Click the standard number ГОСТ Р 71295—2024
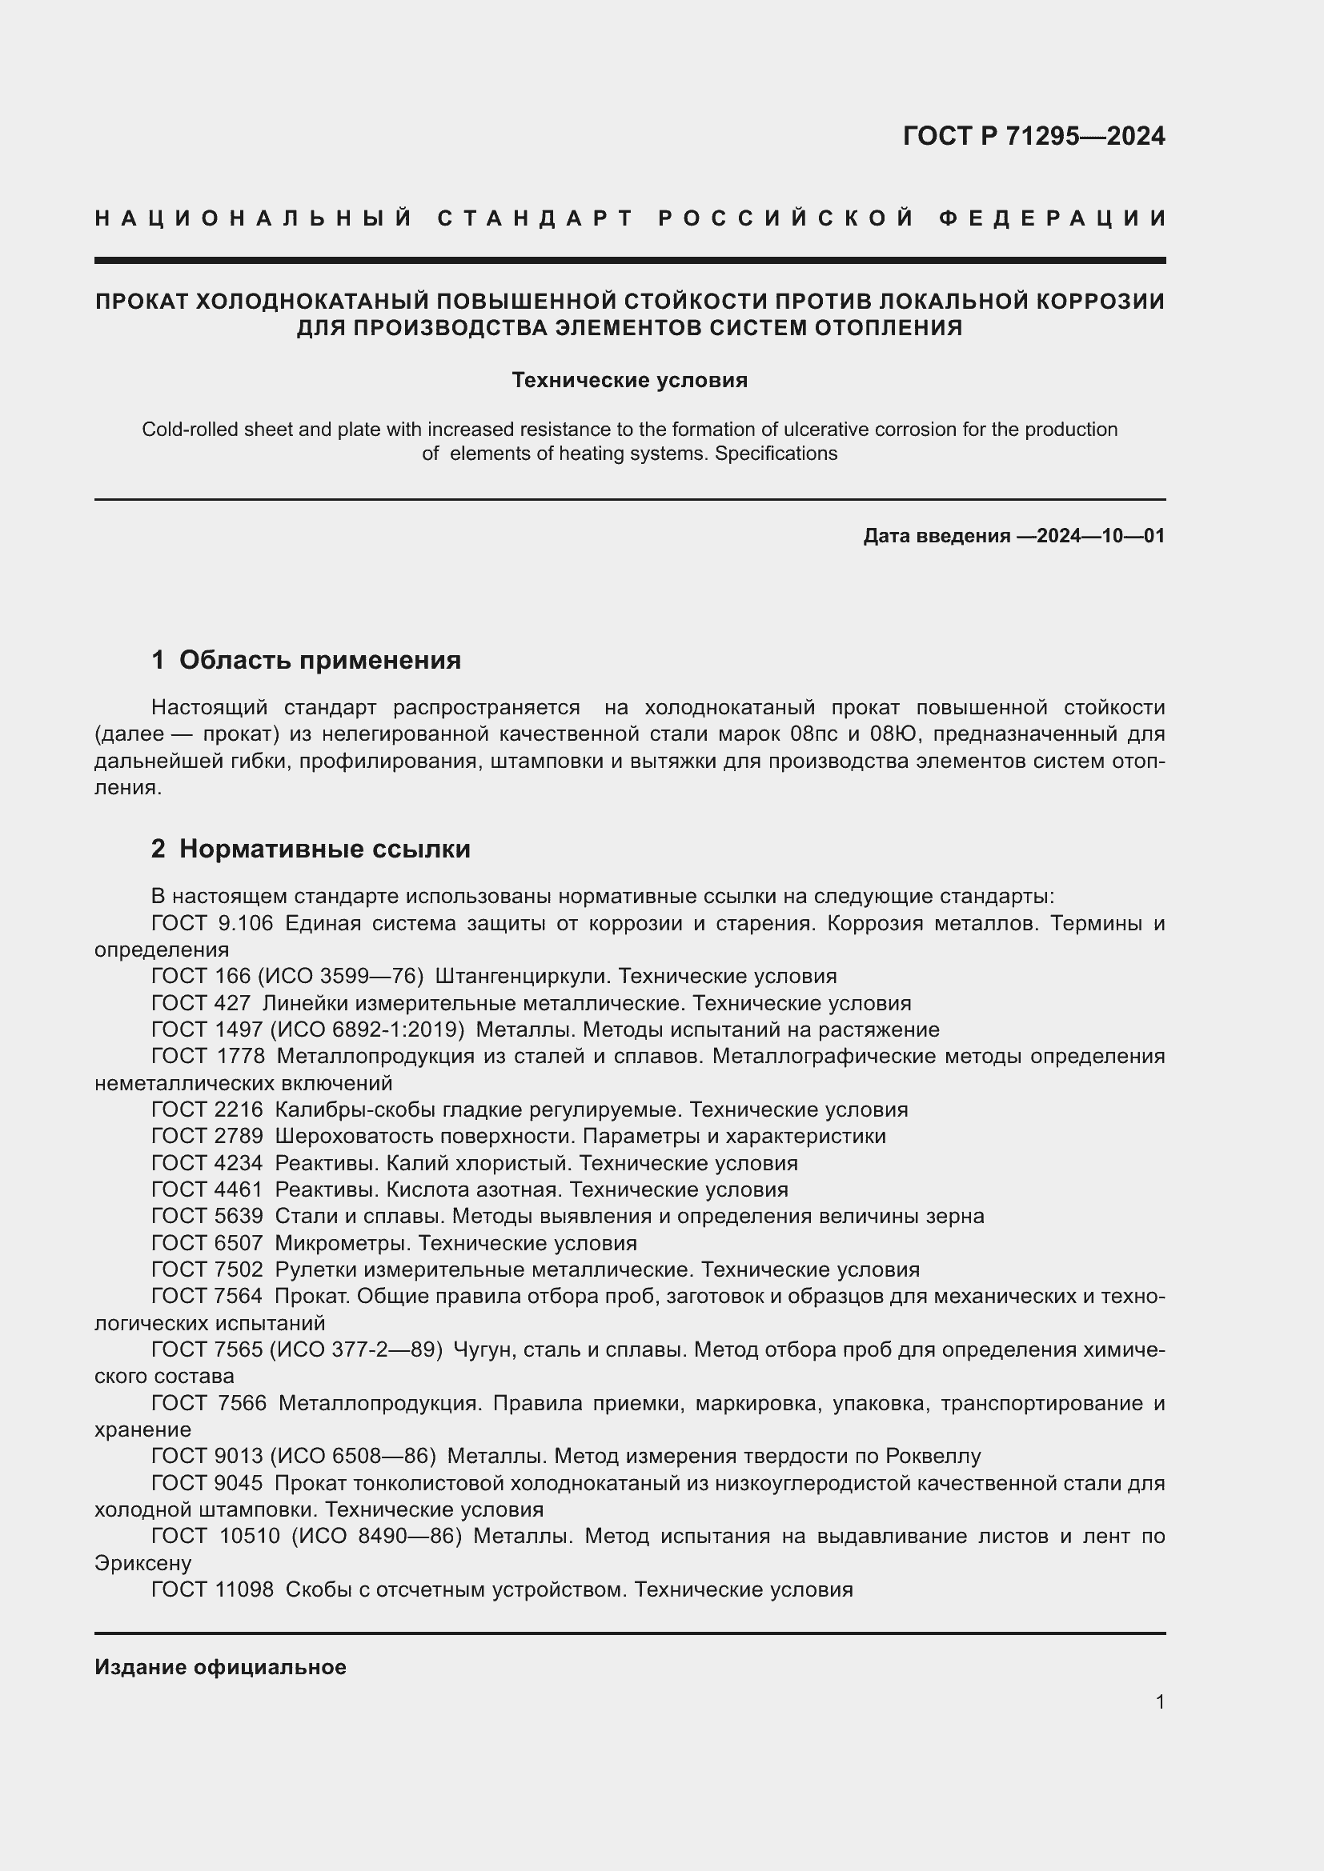[x=1033, y=136]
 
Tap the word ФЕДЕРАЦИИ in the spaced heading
[x=1052, y=218]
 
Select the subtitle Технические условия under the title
[x=629, y=381]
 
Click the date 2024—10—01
[x=1101, y=536]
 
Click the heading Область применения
[x=319, y=660]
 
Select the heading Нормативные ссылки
[x=324, y=850]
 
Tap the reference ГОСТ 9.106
[x=212, y=923]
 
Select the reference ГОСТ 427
[x=201, y=1003]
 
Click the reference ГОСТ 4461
[x=207, y=1189]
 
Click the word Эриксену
[x=142, y=1564]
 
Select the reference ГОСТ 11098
[x=212, y=1590]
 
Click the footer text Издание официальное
[x=220, y=1667]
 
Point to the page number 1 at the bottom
[x=1159, y=1701]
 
